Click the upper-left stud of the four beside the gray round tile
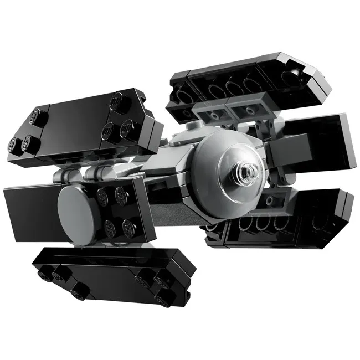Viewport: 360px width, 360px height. pyautogui.click(x=103, y=194)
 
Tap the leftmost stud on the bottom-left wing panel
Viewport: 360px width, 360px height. pyautogui.click(x=45, y=271)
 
